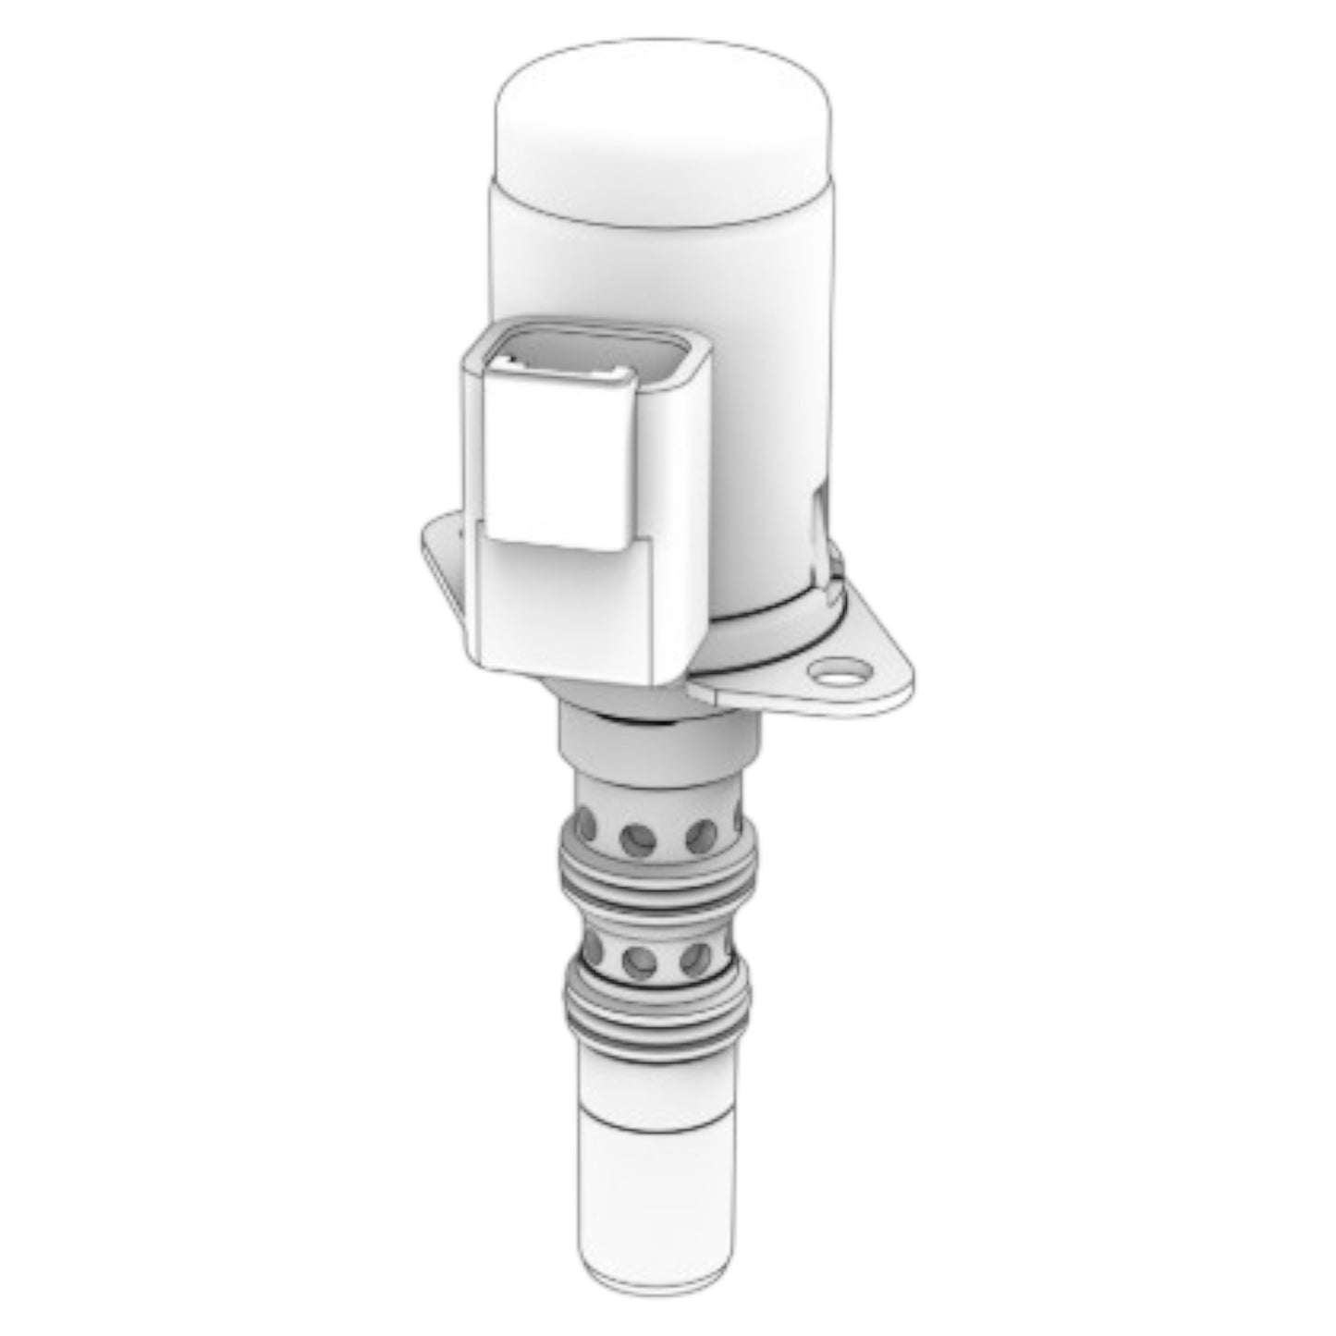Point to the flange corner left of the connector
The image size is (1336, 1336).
pyautogui.click(x=439, y=545)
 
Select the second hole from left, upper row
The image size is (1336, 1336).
pyautogui.click(x=638, y=839)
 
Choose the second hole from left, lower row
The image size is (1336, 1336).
pyautogui.click(x=638, y=962)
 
